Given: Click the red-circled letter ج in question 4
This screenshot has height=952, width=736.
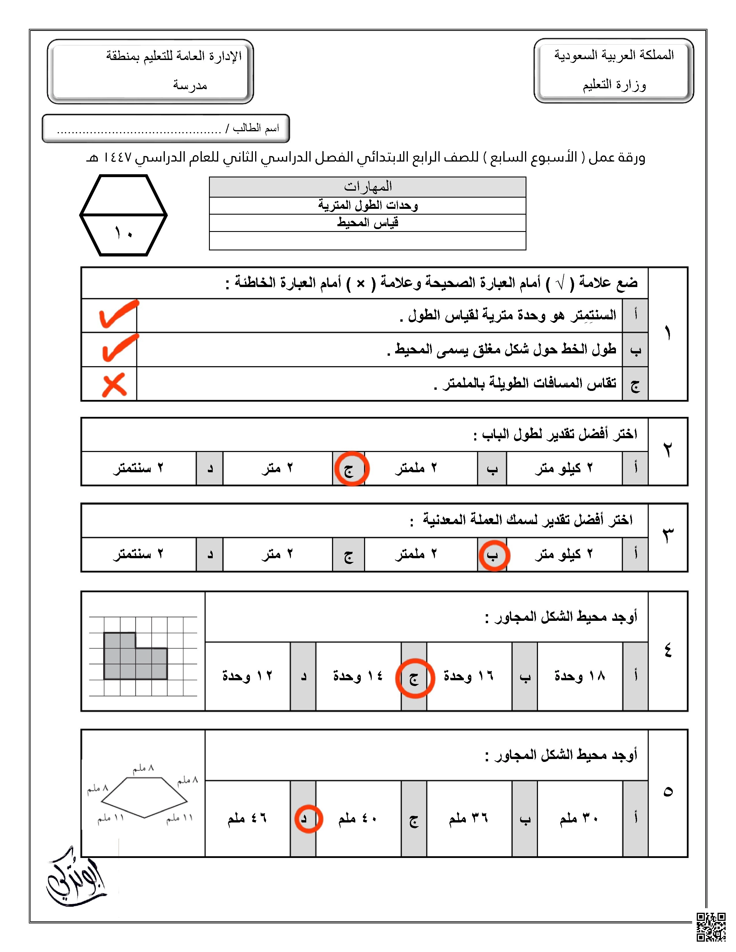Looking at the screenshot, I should coord(414,678).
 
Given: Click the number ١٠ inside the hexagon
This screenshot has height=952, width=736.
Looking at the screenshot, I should coord(124,234).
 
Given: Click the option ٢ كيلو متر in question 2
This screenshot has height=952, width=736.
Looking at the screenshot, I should coord(564,468).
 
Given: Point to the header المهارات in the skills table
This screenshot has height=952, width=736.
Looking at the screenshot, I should coord(367,187).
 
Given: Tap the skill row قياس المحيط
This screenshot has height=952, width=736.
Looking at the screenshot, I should coord(367,223).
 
